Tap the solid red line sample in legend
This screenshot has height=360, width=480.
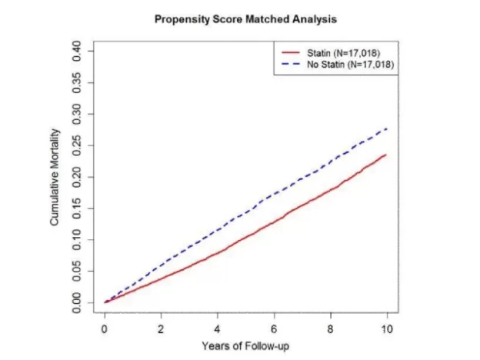tap(292, 52)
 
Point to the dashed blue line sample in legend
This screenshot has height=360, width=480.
tap(292, 65)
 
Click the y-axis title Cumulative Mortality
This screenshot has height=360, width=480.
tap(55, 177)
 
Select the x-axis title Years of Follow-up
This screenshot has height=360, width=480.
tap(245, 345)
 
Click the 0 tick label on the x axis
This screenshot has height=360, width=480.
tap(105, 328)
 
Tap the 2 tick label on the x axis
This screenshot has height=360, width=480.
tap(161, 328)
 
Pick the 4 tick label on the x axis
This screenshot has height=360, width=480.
tap(218, 328)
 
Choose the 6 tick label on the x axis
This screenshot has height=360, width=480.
tap(274, 328)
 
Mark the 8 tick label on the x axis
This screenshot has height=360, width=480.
tap(330, 328)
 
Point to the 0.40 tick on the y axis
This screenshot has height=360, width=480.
tap(88, 52)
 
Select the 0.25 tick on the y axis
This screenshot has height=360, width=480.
tap(88, 145)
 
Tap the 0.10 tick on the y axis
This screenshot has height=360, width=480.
tap(88, 239)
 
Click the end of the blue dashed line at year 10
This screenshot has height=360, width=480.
tap(386, 128)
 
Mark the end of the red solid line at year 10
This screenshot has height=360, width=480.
tap(386, 155)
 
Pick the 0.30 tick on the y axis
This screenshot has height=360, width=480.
tap(88, 114)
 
